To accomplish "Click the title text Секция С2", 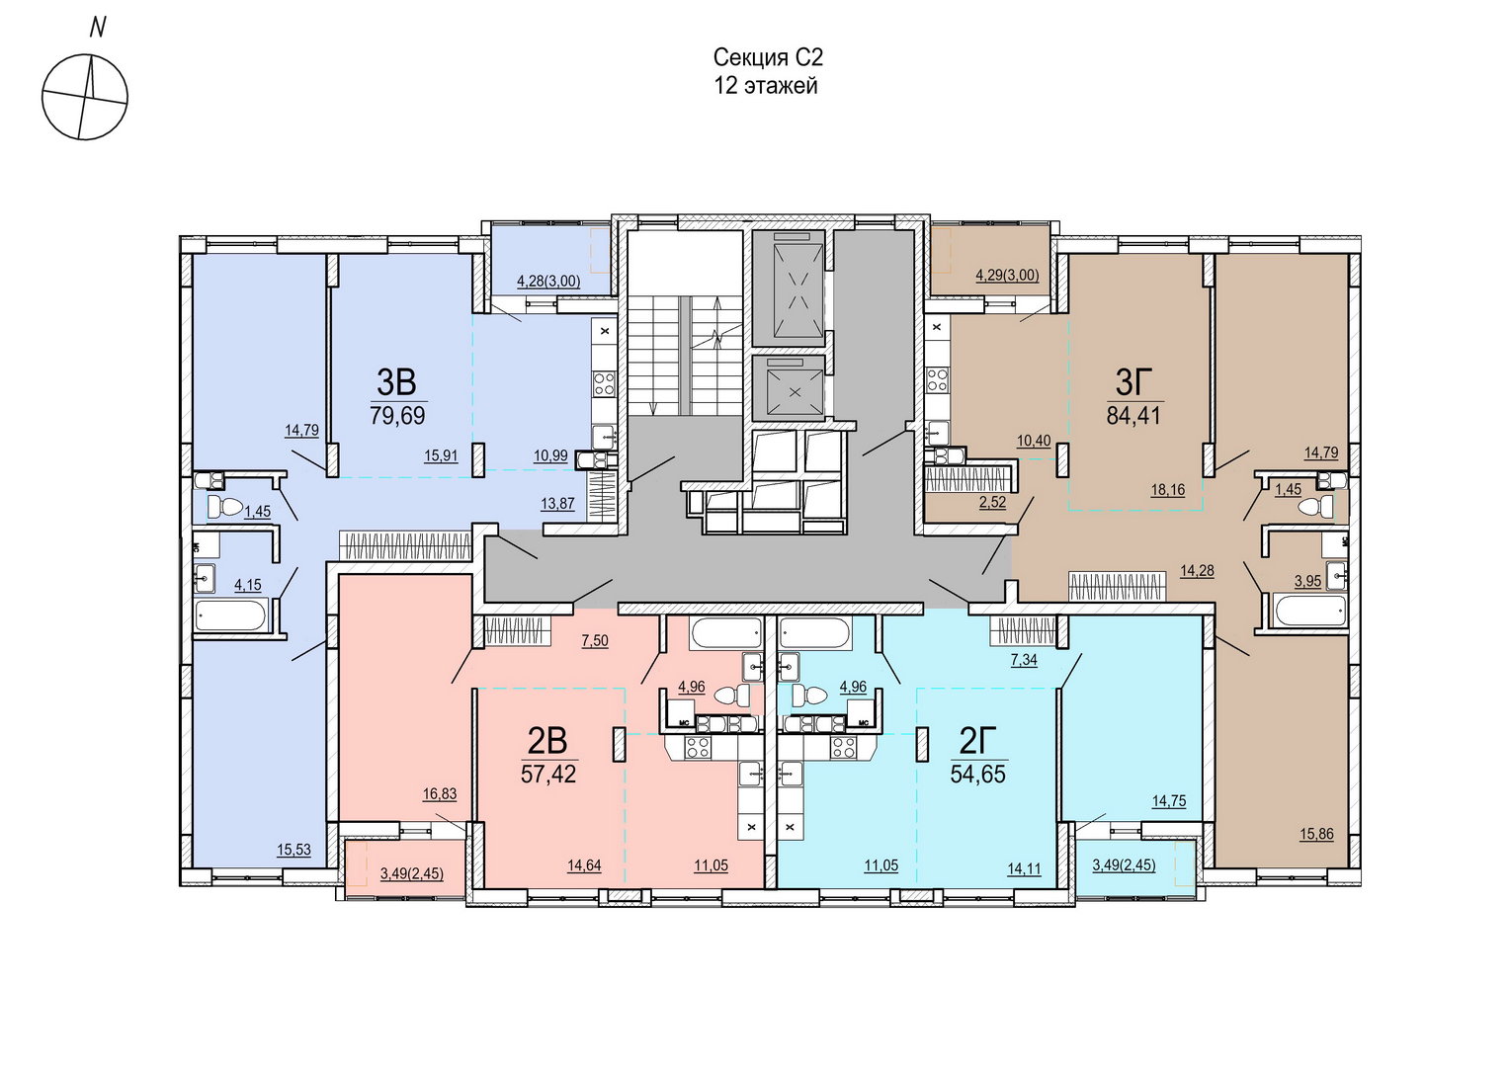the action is (769, 57).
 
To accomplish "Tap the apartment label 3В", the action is (396, 383).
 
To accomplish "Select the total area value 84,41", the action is (1133, 415).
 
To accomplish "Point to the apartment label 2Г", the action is (978, 742).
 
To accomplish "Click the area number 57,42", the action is (548, 774).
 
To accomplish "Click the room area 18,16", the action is (1167, 490).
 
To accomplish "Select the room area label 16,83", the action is (440, 794).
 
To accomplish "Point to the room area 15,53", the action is (294, 850).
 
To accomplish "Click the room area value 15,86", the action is (1317, 834).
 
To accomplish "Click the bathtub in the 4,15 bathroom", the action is (230, 615).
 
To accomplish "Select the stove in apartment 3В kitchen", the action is (604, 383).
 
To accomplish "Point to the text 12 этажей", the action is (767, 86).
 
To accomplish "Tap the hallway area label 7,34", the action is (1023, 660).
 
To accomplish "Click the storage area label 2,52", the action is (992, 502).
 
